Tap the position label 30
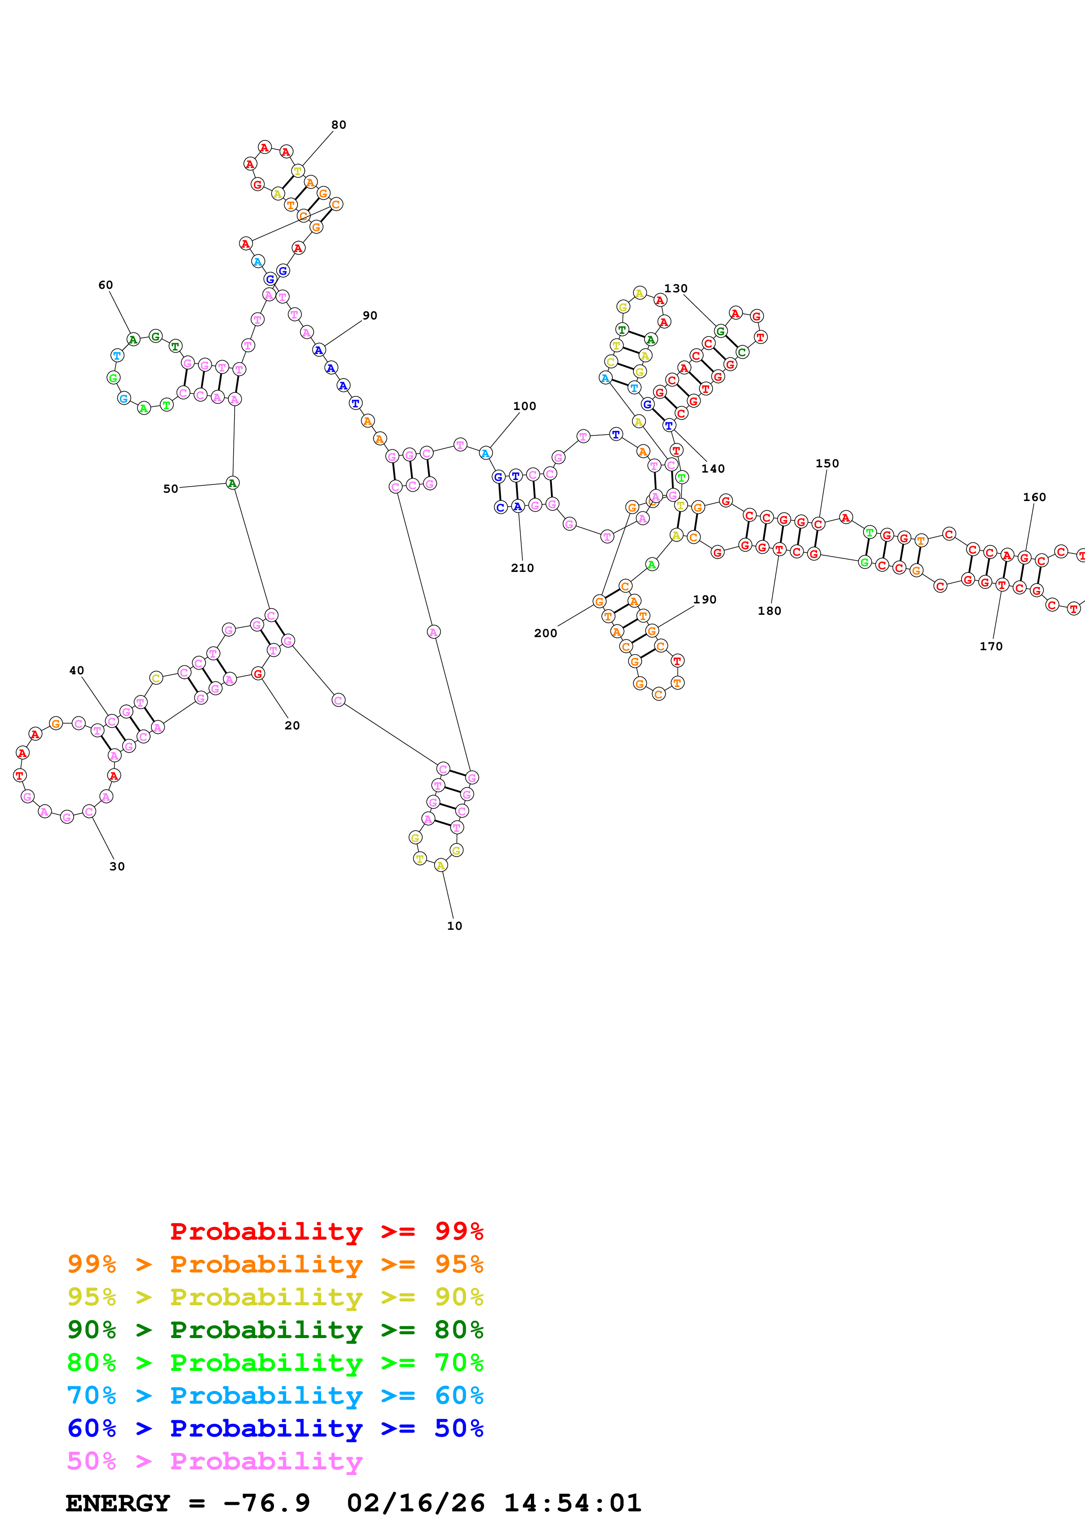point(117,866)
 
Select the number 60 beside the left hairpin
point(105,285)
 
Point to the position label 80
point(339,125)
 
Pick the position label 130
point(675,288)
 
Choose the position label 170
point(991,646)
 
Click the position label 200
point(545,633)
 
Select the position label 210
point(522,568)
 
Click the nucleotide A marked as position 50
point(233,483)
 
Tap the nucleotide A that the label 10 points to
point(441,866)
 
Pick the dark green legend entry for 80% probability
point(275,1330)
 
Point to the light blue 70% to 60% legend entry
point(275,1395)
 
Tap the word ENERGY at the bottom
point(118,1503)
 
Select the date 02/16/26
point(415,1503)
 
